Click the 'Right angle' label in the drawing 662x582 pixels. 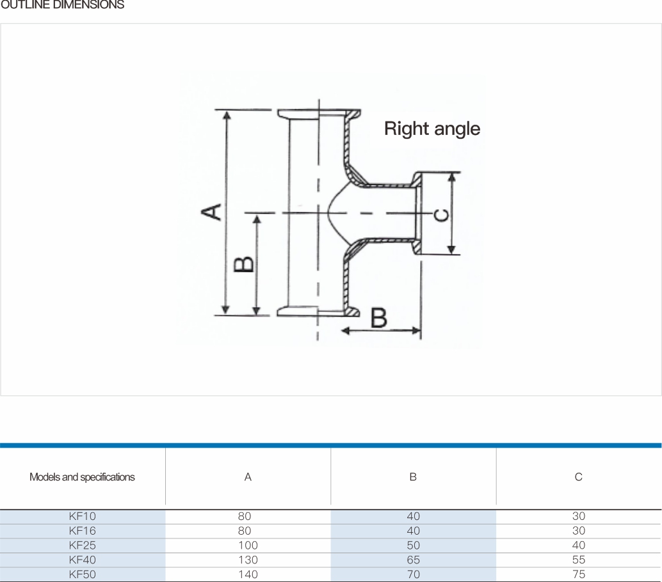[x=432, y=129]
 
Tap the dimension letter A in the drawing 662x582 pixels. [x=211, y=212]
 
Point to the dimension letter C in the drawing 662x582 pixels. [x=442, y=216]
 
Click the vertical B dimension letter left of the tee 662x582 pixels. [x=244, y=264]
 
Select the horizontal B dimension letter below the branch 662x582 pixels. [x=379, y=318]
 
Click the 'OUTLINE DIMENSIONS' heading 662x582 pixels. [x=63, y=5]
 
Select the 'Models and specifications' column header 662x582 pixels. [x=82, y=477]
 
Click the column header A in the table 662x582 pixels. [x=248, y=477]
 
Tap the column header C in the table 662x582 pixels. [x=578, y=477]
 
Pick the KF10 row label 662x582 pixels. [x=83, y=516]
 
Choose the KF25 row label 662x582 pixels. [x=83, y=546]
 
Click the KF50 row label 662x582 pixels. [x=83, y=574]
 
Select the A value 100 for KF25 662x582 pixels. [x=248, y=546]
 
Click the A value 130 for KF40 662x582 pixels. [x=248, y=560]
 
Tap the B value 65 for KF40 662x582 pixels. [x=414, y=560]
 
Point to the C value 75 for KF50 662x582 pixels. [x=579, y=574]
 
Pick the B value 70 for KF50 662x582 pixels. [x=414, y=574]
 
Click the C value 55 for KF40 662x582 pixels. [x=579, y=560]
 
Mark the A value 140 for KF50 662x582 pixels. [x=248, y=574]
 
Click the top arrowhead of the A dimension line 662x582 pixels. [x=227, y=115]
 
